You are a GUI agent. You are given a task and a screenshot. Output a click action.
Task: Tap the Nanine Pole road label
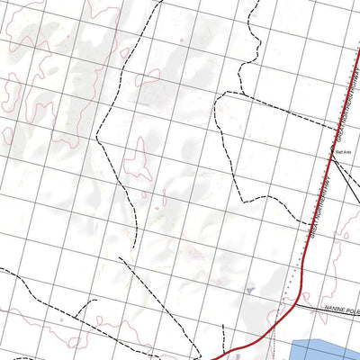click(340, 308)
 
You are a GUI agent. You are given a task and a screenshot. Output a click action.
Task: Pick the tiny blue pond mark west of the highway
click(249, 290)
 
